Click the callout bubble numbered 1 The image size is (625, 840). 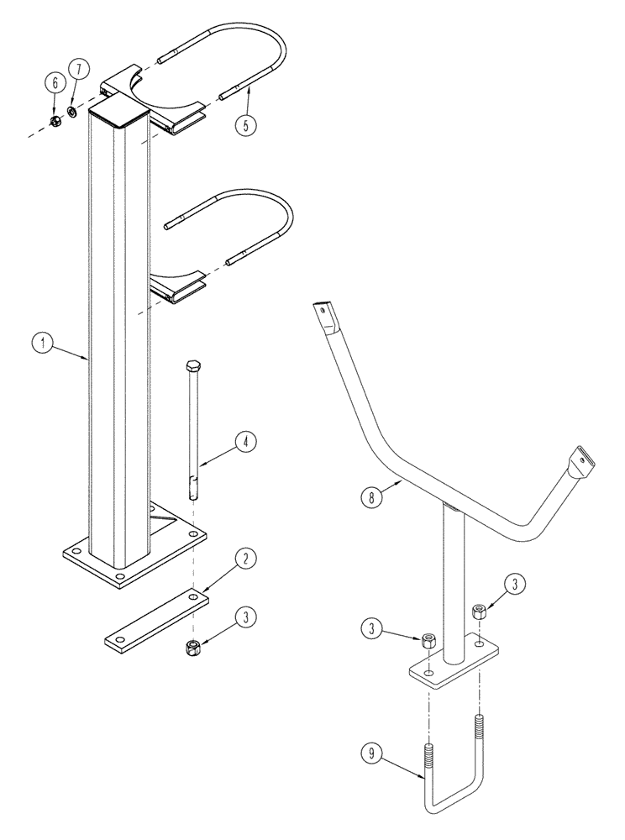tap(39, 343)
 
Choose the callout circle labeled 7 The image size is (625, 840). tap(76, 66)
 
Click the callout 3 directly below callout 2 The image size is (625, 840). tap(244, 618)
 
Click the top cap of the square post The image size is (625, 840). tap(118, 104)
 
